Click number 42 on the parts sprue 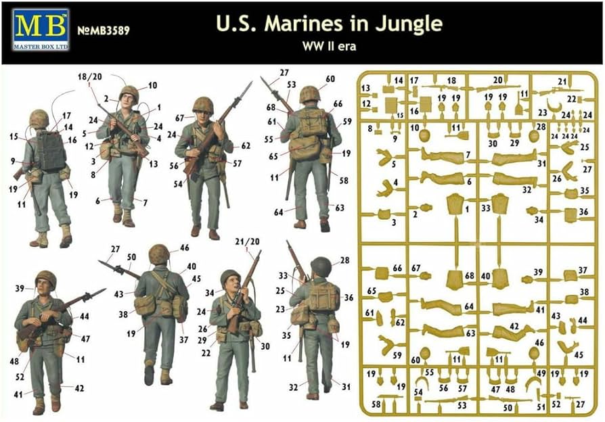pyautogui.click(x=513, y=327)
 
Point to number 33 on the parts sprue pyautogui.click(x=485, y=210)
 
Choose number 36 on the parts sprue pyautogui.click(x=583, y=211)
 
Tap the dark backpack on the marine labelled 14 pyautogui.click(x=50, y=150)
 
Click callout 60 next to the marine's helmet pyautogui.click(x=330, y=79)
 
